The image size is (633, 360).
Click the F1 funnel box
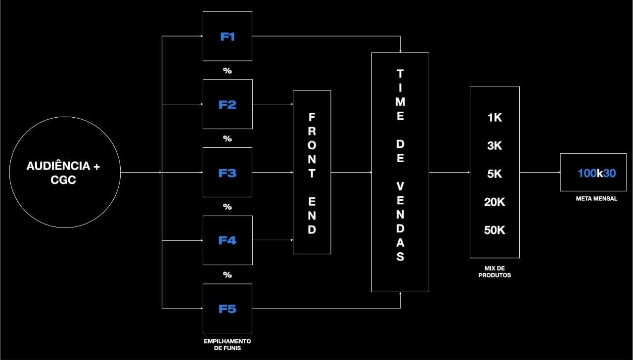227,37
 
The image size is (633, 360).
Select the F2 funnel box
227,104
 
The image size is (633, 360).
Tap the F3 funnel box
227,173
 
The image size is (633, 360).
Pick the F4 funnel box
227,240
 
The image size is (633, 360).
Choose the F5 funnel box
227,309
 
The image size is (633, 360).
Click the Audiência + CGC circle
65,172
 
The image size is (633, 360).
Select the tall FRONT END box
312,172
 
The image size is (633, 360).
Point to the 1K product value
495,118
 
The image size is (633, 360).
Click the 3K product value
495,146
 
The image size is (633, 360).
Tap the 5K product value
495,174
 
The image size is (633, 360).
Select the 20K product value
495,202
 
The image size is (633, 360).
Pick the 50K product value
495,230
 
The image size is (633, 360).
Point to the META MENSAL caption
596,199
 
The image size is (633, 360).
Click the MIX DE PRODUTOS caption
495,271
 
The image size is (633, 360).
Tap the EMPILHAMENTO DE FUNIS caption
227,345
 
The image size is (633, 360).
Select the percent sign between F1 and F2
227,71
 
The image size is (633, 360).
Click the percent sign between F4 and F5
227,275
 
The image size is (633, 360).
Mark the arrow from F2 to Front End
272,104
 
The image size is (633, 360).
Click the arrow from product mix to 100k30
540,173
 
